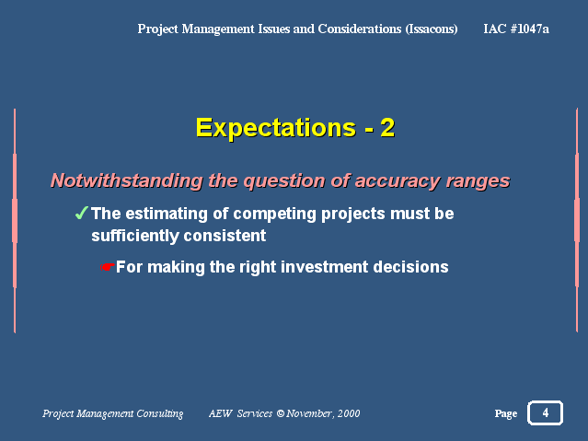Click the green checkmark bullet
(81, 213)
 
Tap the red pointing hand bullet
(108, 267)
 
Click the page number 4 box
(545, 412)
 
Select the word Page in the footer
(505, 413)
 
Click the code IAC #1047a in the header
(516, 29)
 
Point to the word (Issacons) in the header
(432, 29)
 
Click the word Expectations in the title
(276, 128)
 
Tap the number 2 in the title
(387, 128)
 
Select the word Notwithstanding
(126, 180)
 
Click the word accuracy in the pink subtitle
(398, 181)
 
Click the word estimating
(167, 214)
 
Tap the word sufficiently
(135, 236)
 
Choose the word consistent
(225, 236)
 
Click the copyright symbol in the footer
(281, 413)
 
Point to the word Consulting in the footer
(160, 413)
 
